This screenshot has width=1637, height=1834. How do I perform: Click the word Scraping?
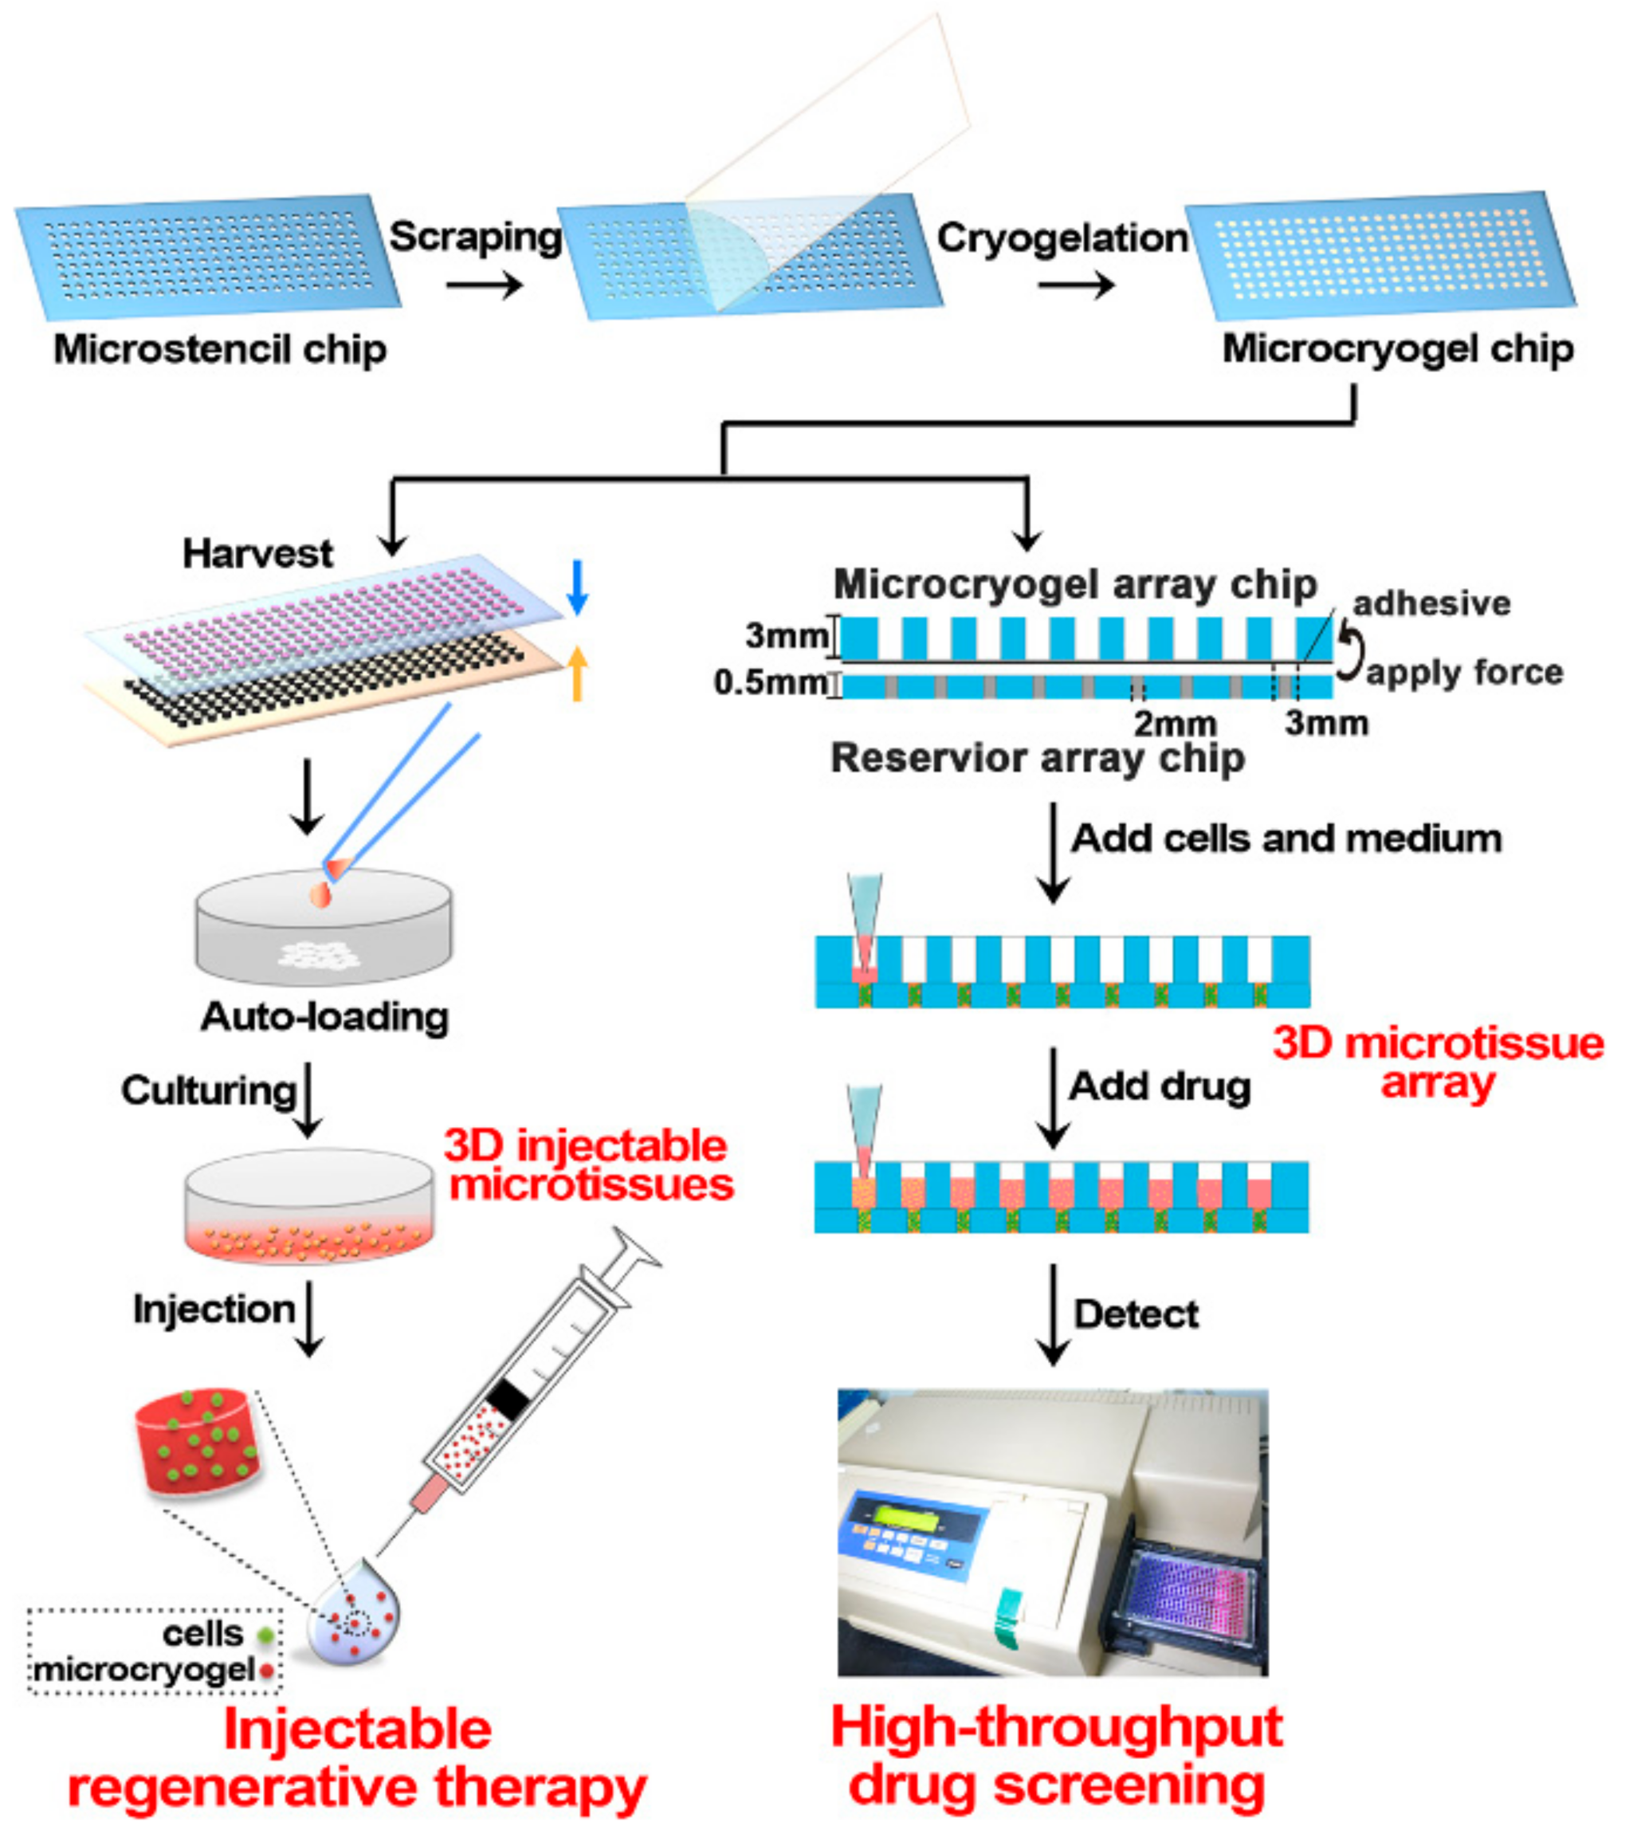point(476,237)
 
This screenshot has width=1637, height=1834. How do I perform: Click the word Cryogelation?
point(1062,238)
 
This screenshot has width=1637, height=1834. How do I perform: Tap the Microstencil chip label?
point(220,349)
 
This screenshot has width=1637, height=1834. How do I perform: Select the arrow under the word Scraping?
point(484,286)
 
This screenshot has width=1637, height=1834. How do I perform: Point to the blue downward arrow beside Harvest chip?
point(578,587)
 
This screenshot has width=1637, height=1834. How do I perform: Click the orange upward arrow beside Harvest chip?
point(578,674)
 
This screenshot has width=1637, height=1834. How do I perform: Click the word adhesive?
point(1431,603)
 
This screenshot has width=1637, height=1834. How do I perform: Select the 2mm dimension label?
point(1175,723)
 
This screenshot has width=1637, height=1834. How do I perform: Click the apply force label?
point(1464,672)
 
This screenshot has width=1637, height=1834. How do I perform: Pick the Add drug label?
point(1160,1086)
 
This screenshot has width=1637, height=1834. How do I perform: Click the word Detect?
point(1136,1314)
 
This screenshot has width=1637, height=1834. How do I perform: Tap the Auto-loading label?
point(324,1016)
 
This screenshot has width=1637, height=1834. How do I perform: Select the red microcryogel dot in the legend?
point(266,1672)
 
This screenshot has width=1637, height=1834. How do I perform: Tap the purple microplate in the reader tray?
point(1184,1596)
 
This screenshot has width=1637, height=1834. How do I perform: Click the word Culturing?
point(209,1090)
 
